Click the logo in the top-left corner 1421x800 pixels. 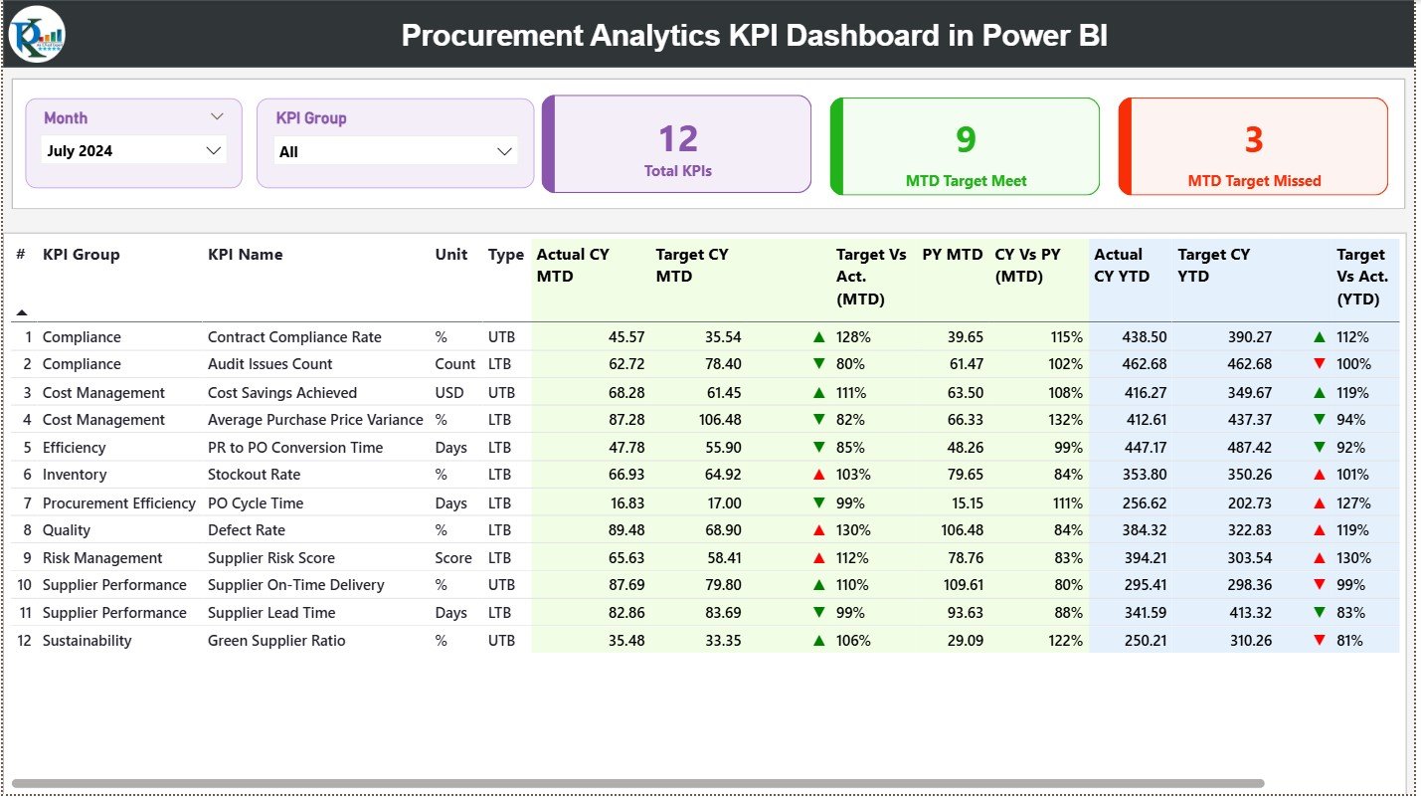coord(37,34)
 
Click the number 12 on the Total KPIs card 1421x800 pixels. coord(678,139)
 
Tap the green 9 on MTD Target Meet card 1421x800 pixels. coord(966,139)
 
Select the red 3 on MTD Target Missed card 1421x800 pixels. coord(1253,139)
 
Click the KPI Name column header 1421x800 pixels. coord(245,255)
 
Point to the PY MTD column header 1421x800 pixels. coord(952,255)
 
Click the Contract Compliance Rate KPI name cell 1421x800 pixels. coord(294,337)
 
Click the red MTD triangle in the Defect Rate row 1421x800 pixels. coord(819,530)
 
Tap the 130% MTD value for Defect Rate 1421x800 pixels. coord(853,530)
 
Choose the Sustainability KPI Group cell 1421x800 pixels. coord(87,641)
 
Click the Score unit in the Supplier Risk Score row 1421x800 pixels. coord(453,558)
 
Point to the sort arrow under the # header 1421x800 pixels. coord(22,312)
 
